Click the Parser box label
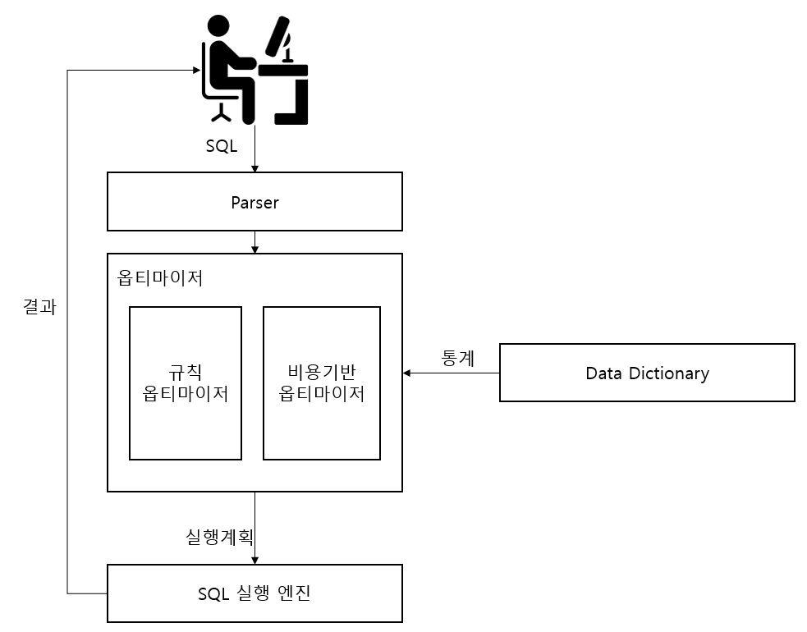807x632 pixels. click(x=254, y=202)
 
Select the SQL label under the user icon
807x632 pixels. click(x=221, y=147)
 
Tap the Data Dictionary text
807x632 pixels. click(x=647, y=373)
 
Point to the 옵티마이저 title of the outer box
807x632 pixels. click(x=160, y=277)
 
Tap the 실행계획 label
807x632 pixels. click(x=219, y=538)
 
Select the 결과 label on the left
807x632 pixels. click(x=39, y=307)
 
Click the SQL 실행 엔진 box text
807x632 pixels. click(x=254, y=593)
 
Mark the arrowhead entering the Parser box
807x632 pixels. click(x=254, y=168)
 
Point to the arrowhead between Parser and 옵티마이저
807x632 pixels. click(x=254, y=250)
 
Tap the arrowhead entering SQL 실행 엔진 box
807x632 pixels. click(x=254, y=561)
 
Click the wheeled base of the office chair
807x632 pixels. click(x=221, y=112)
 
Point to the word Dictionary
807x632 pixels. click(x=677, y=373)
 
